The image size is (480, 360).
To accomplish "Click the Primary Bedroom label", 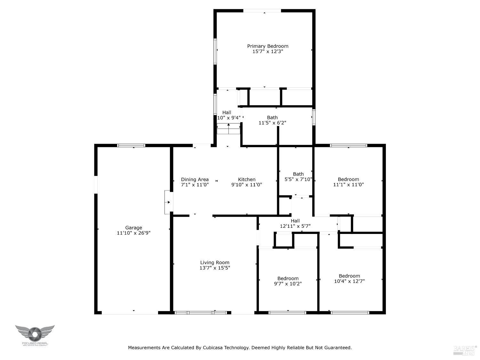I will click(x=268, y=46).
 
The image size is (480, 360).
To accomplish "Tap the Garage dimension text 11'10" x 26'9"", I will click(x=133, y=233).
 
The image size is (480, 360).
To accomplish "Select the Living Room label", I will click(x=215, y=263).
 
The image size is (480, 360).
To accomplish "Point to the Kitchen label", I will click(x=247, y=180).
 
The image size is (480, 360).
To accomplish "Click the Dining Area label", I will click(x=195, y=180).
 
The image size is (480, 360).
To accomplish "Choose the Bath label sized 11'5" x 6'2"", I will click(x=272, y=117).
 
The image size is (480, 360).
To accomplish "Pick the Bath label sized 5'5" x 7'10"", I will click(x=298, y=174).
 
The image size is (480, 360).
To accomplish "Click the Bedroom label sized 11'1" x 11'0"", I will click(x=348, y=180).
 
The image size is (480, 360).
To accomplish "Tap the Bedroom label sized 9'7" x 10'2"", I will click(x=288, y=278).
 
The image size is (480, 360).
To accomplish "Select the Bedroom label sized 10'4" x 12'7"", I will click(x=349, y=276).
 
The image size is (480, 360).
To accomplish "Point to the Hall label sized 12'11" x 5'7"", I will click(x=295, y=221).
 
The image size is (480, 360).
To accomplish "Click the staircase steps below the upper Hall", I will click(x=228, y=129).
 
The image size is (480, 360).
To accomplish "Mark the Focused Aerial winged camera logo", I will click(x=35, y=334).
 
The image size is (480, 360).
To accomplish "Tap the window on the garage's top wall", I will click(x=131, y=146).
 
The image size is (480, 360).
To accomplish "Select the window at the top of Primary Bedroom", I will click(x=262, y=11).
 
